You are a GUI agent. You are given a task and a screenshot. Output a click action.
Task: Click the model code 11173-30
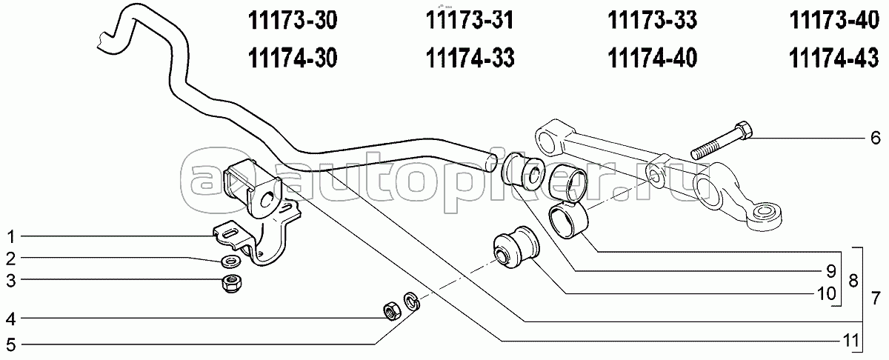point(293,20)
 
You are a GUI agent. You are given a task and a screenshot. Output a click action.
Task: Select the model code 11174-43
point(834,59)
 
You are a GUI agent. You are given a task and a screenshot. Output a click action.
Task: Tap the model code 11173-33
point(652,20)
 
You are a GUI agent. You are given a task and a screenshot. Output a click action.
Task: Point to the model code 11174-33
point(470,59)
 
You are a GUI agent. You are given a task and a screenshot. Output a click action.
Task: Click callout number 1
point(11,237)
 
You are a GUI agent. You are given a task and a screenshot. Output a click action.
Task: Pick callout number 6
point(875,138)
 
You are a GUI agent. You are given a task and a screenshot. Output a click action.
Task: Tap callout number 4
point(10,319)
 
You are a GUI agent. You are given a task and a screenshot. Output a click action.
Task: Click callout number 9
point(831,271)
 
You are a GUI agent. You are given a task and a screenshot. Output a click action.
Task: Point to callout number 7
point(876,298)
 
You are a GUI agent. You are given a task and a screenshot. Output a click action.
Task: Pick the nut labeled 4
point(392,311)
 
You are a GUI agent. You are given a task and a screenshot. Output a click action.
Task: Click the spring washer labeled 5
point(412,302)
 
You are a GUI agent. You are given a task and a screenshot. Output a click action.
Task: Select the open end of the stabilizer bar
point(490,163)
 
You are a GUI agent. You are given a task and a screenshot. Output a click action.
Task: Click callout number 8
point(853,281)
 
